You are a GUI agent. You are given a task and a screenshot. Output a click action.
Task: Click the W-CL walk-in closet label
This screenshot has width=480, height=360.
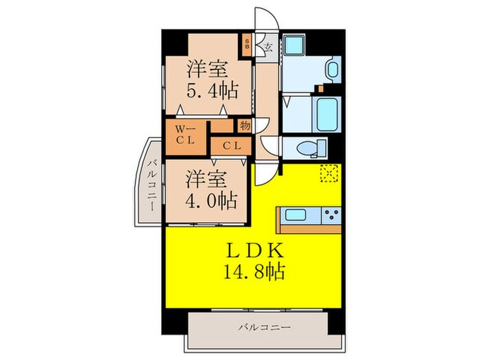point(185,134)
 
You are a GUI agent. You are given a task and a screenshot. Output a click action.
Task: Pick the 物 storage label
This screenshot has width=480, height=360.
point(244,125)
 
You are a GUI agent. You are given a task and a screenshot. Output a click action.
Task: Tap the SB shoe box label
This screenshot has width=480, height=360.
point(247,48)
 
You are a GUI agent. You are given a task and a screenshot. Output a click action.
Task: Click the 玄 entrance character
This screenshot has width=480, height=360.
point(269,49)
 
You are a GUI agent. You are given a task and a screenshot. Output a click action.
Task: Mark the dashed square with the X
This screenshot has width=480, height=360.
point(328,173)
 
